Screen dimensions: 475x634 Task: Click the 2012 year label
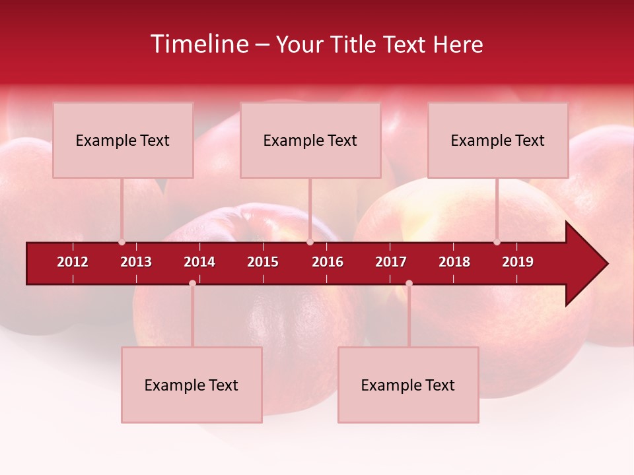point(73,262)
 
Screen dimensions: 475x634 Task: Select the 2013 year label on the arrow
point(136,262)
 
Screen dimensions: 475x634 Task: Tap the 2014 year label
point(199,262)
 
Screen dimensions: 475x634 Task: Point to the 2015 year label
point(263,262)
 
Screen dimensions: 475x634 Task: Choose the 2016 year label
point(328,262)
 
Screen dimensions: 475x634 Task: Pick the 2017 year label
point(391,262)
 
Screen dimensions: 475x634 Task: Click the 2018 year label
point(454,262)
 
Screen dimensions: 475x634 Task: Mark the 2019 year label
point(518,262)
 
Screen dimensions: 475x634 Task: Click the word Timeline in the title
point(199,44)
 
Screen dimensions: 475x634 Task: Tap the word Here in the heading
point(458,44)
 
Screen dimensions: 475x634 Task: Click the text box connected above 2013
point(123,140)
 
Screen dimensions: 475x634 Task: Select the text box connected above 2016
point(310,140)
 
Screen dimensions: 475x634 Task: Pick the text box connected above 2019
point(498,140)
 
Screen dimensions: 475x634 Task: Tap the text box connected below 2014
point(192,385)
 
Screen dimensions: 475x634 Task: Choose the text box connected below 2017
point(408,385)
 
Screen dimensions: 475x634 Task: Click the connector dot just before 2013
point(122,242)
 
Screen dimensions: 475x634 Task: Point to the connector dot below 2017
point(409,284)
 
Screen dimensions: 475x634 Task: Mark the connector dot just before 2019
point(497,242)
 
